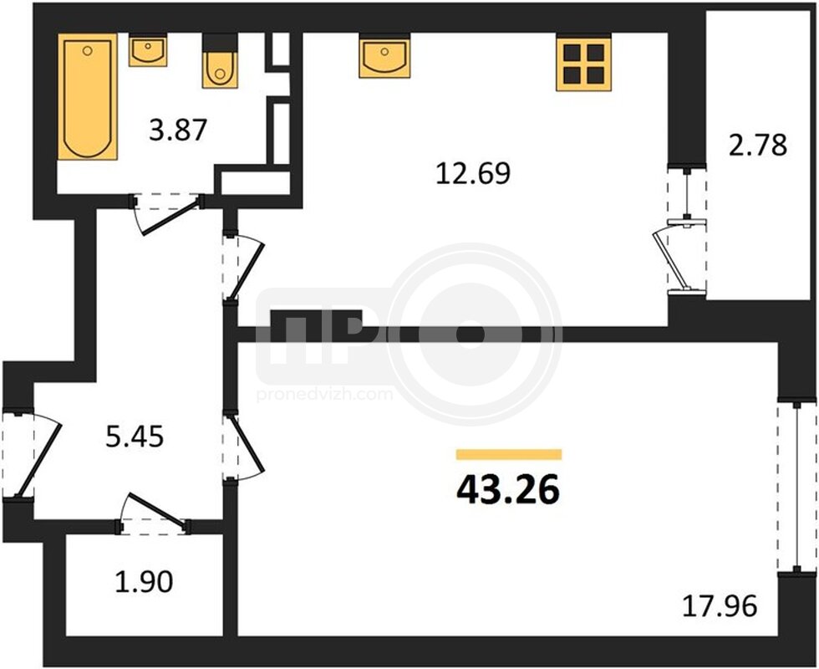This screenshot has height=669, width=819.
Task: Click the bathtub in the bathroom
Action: pyautogui.click(x=87, y=97)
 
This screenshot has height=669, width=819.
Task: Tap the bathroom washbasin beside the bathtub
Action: pyautogui.click(x=148, y=51)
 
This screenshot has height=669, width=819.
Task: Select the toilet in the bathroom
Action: pyautogui.click(x=220, y=62)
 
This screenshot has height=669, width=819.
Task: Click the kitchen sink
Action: pyautogui.click(x=384, y=56)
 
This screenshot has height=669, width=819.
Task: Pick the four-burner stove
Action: pyautogui.click(x=584, y=63)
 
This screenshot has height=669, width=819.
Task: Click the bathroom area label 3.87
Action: pyautogui.click(x=178, y=130)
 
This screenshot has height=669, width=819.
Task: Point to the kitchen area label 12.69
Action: pyautogui.click(x=473, y=174)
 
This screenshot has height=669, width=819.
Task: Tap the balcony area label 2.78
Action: pyautogui.click(x=758, y=146)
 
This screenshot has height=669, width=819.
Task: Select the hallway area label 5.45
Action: pyautogui.click(x=135, y=437)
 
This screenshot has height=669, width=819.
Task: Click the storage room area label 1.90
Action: pyautogui.click(x=144, y=582)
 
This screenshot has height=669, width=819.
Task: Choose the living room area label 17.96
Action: pyautogui.click(x=720, y=606)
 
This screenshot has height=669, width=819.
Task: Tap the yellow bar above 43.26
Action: pyautogui.click(x=509, y=454)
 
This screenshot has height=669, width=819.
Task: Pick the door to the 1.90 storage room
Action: pyautogui.click(x=152, y=514)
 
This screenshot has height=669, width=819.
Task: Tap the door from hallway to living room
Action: pyautogui.click(x=242, y=447)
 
